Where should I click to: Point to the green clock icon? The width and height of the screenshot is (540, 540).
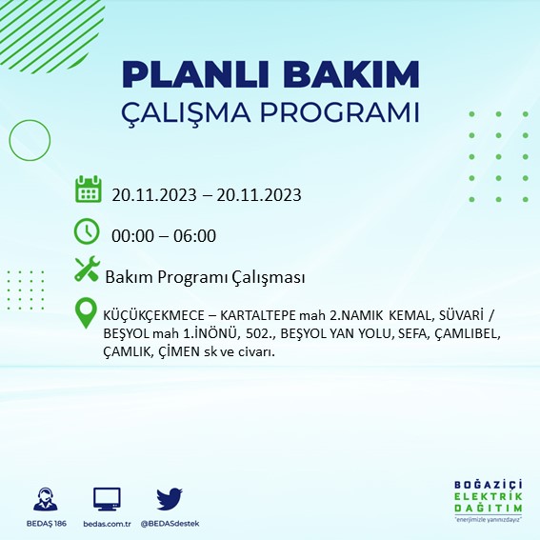click(87, 230)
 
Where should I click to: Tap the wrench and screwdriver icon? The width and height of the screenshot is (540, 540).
click(87, 270)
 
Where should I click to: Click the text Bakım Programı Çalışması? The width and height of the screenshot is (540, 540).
click(205, 277)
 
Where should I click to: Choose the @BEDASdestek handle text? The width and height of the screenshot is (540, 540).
click(170, 524)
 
